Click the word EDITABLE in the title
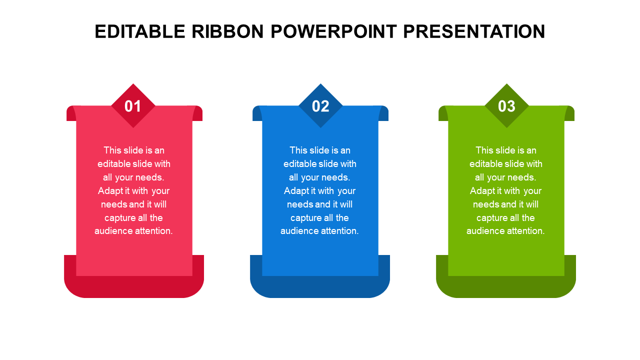(x=139, y=31)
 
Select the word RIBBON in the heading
(x=227, y=31)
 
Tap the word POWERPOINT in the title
(x=333, y=31)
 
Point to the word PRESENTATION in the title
(x=474, y=31)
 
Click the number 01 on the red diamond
(x=133, y=106)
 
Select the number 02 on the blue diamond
(x=320, y=106)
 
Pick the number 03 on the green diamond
(x=506, y=106)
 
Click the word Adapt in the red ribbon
(x=110, y=191)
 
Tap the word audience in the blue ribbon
(x=297, y=231)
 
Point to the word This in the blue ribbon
(x=298, y=150)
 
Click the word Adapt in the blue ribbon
(x=296, y=191)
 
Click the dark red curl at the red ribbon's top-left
(x=71, y=113)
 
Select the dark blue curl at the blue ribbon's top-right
(x=383, y=113)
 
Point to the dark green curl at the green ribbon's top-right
(x=569, y=113)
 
